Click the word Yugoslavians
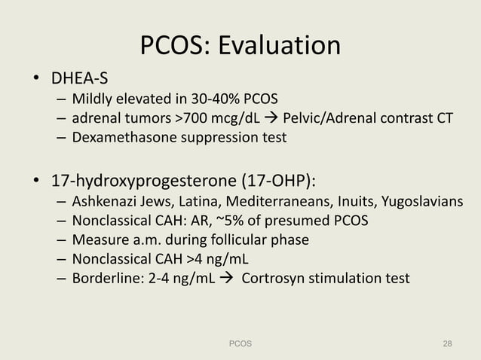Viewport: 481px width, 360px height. click(418, 202)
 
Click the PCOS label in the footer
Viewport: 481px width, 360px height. click(240, 343)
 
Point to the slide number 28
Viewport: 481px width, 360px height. click(447, 343)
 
